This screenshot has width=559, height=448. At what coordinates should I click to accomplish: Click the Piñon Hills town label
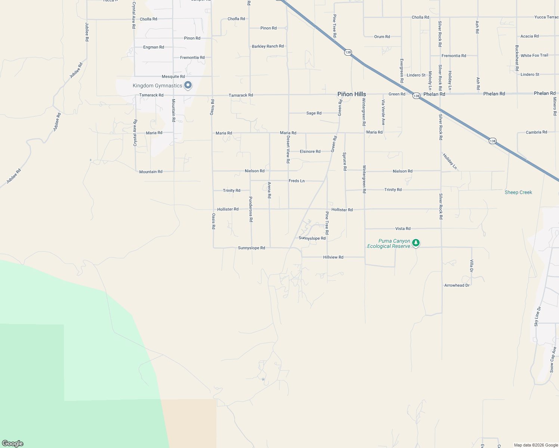pos(352,94)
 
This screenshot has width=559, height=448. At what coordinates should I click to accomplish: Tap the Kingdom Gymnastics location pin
pos(188,85)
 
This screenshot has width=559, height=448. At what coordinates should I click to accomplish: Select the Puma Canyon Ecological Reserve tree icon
pos(416,243)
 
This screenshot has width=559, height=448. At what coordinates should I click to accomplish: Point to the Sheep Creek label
pos(518,192)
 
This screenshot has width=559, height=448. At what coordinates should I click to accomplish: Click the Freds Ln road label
pos(297,181)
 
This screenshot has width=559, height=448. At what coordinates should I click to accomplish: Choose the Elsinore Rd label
pos(310,152)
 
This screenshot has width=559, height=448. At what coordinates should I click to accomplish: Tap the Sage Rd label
pos(314,113)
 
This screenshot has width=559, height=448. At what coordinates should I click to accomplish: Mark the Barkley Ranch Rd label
pos(268,46)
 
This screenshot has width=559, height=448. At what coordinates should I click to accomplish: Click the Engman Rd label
pos(154,47)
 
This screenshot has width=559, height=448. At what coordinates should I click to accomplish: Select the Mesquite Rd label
pos(173,77)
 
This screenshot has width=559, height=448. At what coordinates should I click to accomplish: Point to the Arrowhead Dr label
pos(457,285)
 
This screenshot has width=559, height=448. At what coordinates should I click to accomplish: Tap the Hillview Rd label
pos(333,257)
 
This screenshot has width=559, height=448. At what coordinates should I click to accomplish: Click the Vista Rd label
pos(403,228)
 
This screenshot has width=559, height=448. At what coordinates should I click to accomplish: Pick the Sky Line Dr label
pos(537,317)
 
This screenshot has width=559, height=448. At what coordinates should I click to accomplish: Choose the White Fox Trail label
pos(534,55)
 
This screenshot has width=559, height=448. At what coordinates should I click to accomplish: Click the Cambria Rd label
pos(536,132)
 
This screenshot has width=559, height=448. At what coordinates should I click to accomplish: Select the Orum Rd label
pos(382,37)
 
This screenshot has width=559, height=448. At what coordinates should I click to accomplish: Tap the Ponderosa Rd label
pos(251,209)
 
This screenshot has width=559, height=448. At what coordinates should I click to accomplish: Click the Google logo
pos(13,444)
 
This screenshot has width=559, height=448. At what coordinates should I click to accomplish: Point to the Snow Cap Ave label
pos(553,360)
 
